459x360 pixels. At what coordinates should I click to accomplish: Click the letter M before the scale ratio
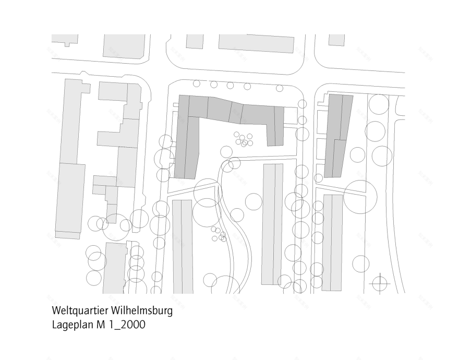tap(100, 325)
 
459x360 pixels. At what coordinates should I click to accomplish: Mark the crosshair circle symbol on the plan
tap(380, 284)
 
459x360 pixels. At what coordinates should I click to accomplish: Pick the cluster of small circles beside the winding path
tap(219, 233)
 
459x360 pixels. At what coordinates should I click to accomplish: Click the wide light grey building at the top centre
tap(256, 43)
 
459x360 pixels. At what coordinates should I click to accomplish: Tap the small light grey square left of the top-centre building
tap(195, 42)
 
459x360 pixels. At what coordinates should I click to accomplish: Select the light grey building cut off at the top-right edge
tap(337, 40)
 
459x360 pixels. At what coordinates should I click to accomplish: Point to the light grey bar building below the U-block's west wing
tap(183, 245)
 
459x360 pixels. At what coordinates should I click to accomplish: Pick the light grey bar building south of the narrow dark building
tap(332, 243)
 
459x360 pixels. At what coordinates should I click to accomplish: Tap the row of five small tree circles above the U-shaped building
tap(222, 85)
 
